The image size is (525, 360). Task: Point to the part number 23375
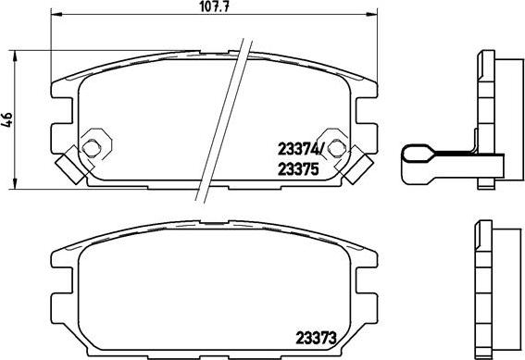[299, 168]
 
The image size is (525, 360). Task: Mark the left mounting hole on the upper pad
[93, 147]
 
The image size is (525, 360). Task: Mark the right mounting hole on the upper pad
[340, 147]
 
